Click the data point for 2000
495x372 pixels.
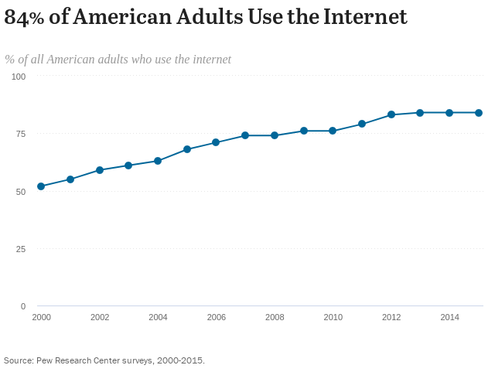pos(41,186)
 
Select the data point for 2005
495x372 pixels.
pos(187,149)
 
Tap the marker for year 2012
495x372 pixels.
pos(391,114)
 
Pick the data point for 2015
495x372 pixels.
pos(479,113)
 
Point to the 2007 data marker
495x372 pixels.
pos(245,135)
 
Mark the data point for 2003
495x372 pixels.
pos(128,166)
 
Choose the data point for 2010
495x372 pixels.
pos(333,131)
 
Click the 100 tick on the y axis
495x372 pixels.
pos(19,77)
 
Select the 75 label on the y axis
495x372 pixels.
pos(21,134)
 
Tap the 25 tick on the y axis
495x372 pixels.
pos(21,249)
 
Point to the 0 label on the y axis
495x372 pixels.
pos(23,306)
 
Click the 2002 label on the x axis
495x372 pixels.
pos(100,317)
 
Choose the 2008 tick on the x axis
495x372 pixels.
pos(275,317)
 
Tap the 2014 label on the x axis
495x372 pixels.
pos(449,317)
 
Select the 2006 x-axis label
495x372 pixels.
pos(216,317)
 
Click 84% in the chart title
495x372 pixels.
pos(24,18)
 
